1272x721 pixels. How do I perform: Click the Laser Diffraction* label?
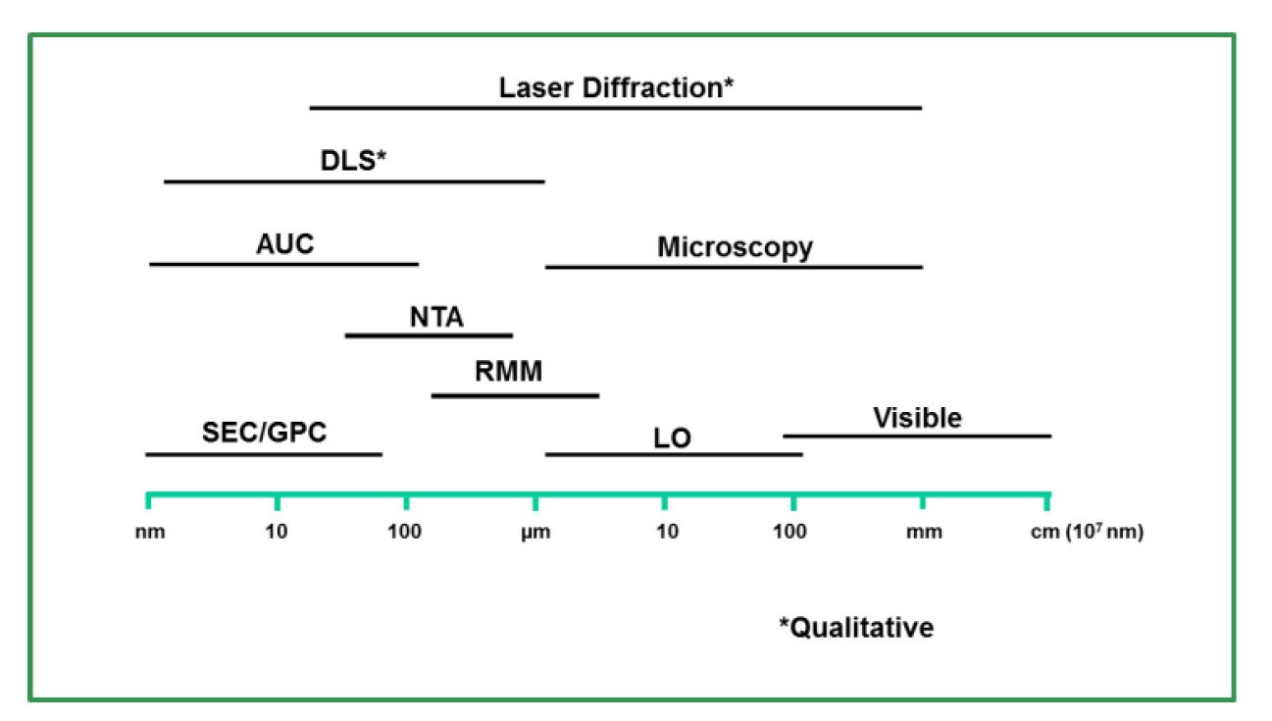pyautogui.click(x=617, y=87)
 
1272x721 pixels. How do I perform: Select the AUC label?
pyautogui.click(x=285, y=244)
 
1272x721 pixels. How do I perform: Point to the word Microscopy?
pyautogui.click(x=735, y=247)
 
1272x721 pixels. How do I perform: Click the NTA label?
pyautogui.click(x=436, y=318)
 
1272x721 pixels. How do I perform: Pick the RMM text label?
pyautogui.click(x=508, y=373)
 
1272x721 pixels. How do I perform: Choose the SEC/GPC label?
pyautogui.click(x=264, y=433)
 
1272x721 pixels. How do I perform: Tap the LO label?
pyautogui.click(x=672, y=438)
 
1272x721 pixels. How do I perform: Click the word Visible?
pyautogui.click(x=917, y=418)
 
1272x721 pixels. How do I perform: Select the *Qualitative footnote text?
pyautogui.click(x=856, y=627)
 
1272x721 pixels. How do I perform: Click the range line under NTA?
pyautogui.click(x=429, y=335)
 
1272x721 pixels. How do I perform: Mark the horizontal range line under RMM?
pyautogui.click(x=515, y=395)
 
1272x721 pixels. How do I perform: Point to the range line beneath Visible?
pyautogui.click(x=917, y=436)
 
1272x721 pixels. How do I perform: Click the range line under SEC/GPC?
pyautogui.click(x=264, y=454)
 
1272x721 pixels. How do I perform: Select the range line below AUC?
pyautogui.click(x=284, y=264)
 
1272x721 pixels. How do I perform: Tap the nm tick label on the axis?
pyautogui.click(x=148, y=534)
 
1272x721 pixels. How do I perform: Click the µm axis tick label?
pyautogui.click(x=535, y=534)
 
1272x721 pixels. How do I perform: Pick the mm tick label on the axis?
pyautogui.click(x=924, y=534)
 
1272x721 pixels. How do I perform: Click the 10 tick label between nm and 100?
pyautogui.click(x=278, y=534)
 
